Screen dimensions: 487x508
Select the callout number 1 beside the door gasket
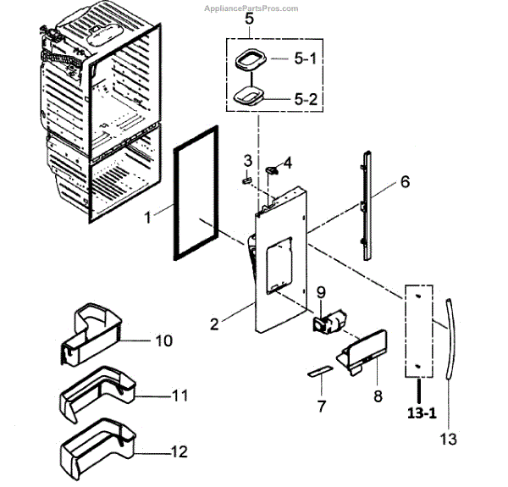click(146, 217)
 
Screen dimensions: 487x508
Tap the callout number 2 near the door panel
click(215, 324)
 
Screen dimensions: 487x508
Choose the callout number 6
click(405, 181)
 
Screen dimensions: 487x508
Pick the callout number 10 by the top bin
click(163, 340)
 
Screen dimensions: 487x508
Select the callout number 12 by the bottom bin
click(178, 452)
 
